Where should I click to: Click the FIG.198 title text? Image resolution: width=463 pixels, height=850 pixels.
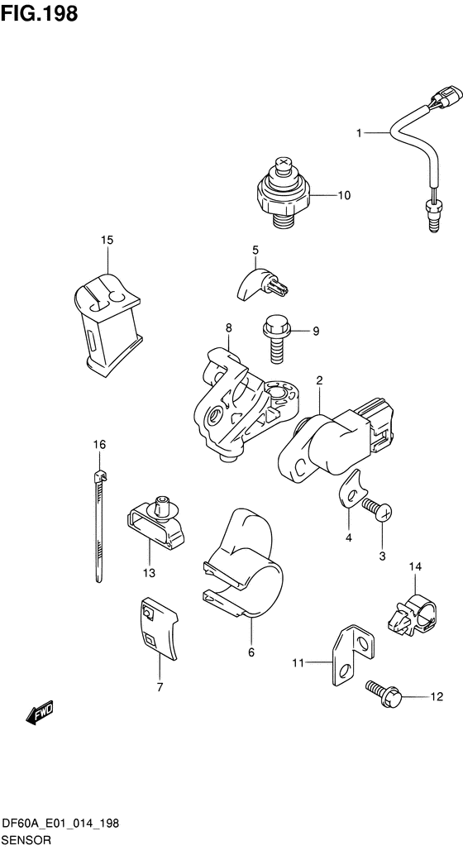39,14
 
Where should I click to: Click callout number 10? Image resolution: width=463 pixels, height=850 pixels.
344,196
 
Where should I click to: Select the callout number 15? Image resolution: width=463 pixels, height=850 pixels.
107,240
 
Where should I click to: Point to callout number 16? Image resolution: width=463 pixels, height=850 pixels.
99,445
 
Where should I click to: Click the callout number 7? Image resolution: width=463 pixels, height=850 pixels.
160,688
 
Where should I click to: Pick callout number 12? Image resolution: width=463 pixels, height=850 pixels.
437,696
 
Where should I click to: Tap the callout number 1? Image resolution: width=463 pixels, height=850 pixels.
358,133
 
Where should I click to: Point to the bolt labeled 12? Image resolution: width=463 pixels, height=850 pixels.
385,691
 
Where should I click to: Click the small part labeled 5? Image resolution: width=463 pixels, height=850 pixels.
264,282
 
